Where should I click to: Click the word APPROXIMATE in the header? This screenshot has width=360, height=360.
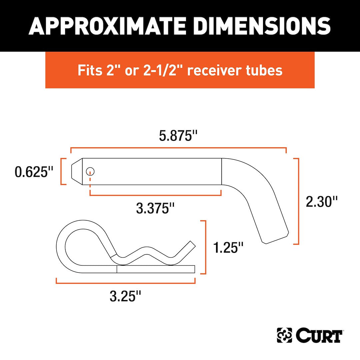click(109, 26)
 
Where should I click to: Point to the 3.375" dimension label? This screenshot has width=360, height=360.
click(156, 209)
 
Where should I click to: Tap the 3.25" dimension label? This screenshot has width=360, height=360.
click(125, 296)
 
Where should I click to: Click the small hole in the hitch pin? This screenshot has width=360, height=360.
click(90, 172)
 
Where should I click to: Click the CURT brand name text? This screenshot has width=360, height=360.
click(318, 335)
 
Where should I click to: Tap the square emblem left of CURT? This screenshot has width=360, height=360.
click(284, 335)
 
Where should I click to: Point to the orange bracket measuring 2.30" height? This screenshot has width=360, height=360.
click(298, 201)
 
